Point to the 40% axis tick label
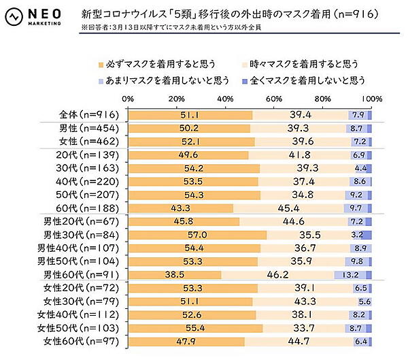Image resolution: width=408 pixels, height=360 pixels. [225, 99]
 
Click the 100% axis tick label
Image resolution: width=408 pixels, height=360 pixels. [371, 99]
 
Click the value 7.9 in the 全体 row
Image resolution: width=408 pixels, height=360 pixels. [358, 114]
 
